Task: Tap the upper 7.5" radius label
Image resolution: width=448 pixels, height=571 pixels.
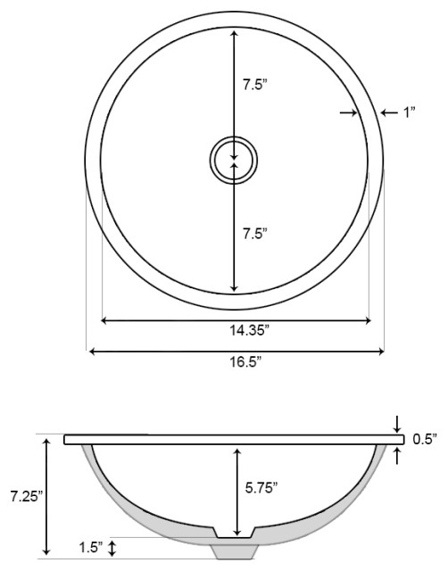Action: pos(256,87)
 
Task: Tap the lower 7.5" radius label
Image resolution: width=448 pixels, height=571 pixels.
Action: pos(256,233)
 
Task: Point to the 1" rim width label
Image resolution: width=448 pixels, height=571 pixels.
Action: pos(410,112)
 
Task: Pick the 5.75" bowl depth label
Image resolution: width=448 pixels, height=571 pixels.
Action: pos(261,487)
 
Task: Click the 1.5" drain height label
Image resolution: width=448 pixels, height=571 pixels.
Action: pos(91,545)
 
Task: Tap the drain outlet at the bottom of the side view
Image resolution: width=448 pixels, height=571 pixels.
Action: pos(235,550)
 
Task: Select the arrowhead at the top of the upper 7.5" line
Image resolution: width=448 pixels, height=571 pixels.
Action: pos(234,33)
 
